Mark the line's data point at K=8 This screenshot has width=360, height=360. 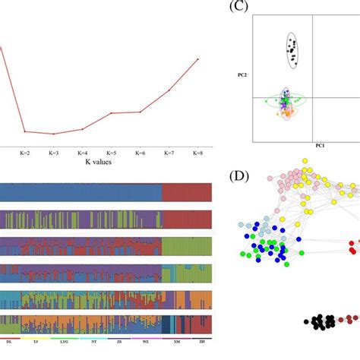point(198,58)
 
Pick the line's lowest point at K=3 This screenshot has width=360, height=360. point(53,134)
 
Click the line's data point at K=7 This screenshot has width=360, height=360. point(169,90)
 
